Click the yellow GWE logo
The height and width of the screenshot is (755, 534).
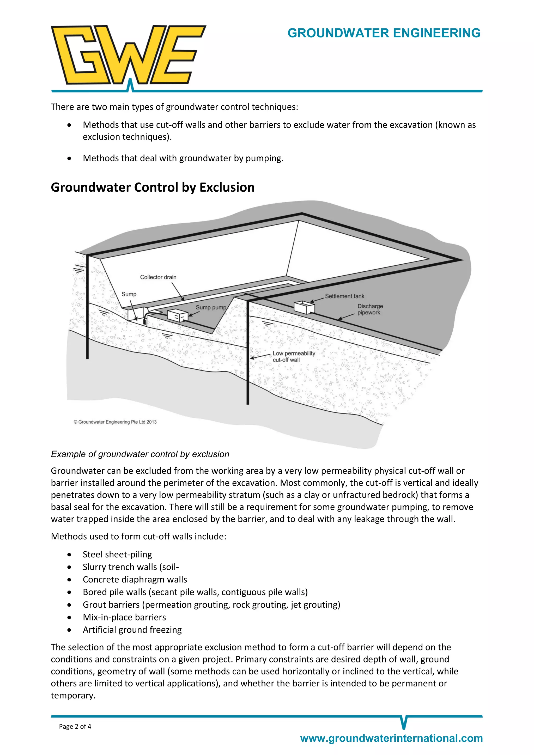click(128, 55)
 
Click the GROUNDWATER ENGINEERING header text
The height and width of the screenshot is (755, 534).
click(384, 33)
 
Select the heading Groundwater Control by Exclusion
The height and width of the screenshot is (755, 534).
click(153, 187)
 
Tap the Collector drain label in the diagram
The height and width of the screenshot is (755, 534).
click(158, 277)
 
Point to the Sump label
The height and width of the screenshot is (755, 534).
click(129, 294)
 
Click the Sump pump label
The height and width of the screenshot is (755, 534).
click(211, 307)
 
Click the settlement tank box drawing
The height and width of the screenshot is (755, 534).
click(304, 307)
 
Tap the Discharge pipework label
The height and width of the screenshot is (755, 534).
click(370, 309)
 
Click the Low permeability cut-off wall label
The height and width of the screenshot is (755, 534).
click(293, 356)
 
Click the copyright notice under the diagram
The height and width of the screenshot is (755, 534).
click(115, 422)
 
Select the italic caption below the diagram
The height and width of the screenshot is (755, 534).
click(140, 454)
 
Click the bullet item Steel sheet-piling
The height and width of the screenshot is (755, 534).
click(117, 555)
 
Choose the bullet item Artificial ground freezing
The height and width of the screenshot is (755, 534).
click(132, 630)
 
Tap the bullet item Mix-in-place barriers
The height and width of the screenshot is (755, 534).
click(124, 617)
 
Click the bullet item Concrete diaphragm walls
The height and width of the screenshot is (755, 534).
click(135, 579)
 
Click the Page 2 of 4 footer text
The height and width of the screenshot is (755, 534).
click(75, 726)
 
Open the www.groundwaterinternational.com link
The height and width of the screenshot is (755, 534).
click(391, 738)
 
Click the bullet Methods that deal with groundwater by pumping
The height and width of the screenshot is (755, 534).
click(183, 158)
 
